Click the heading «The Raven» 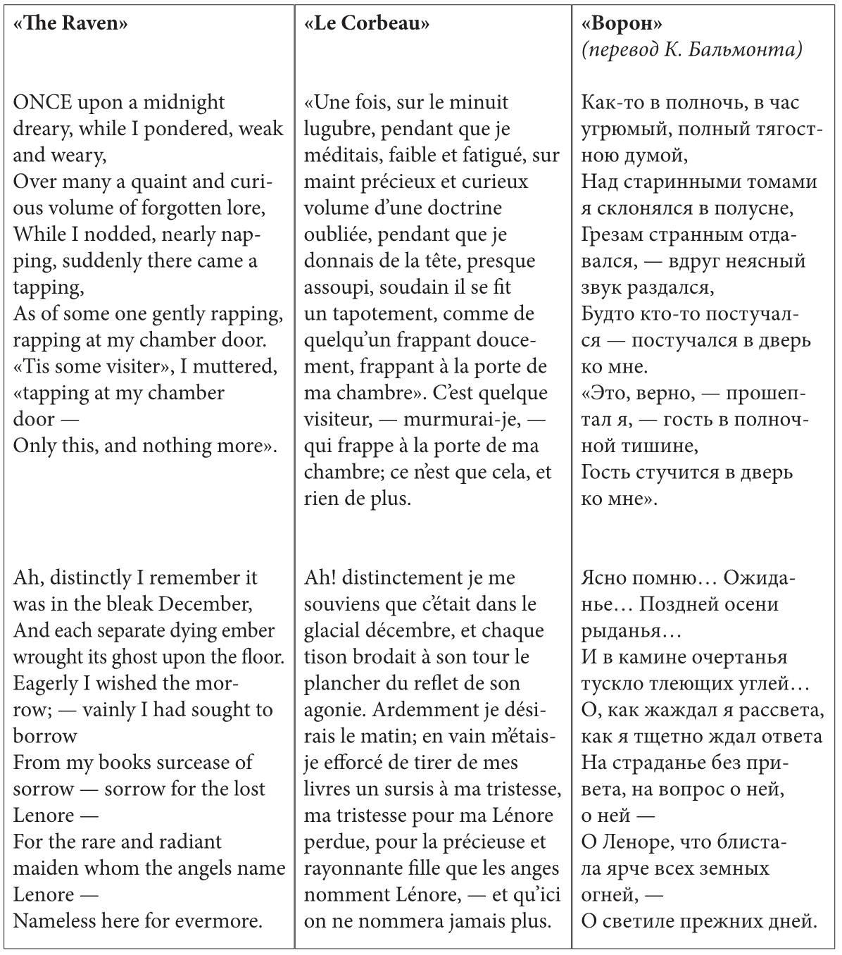click(x=70, y=23)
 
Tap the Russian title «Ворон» click(x=622, y=23)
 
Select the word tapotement click(x=382, y=314)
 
